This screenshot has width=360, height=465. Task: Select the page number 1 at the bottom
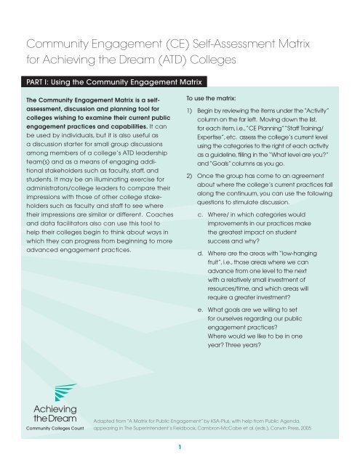point(179,448)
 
